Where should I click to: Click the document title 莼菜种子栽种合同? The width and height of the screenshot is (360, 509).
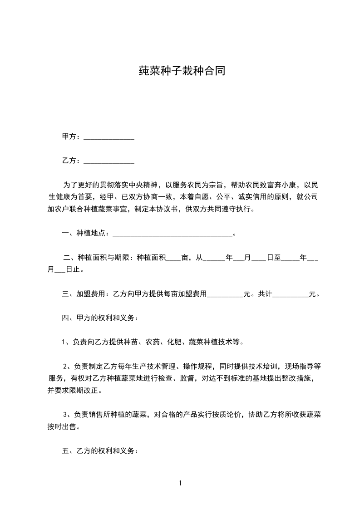pos(182,71)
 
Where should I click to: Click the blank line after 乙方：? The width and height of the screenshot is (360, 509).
pos(109,161)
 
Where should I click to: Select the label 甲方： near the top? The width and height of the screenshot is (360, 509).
pos(72,137)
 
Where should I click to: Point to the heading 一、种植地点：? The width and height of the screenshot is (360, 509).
pos(86,234)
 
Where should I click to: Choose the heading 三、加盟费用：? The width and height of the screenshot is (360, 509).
pos(85,294)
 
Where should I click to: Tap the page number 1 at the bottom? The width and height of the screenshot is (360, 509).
pos(180,483)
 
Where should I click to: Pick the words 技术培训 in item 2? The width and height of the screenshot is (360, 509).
pos(259,366)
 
